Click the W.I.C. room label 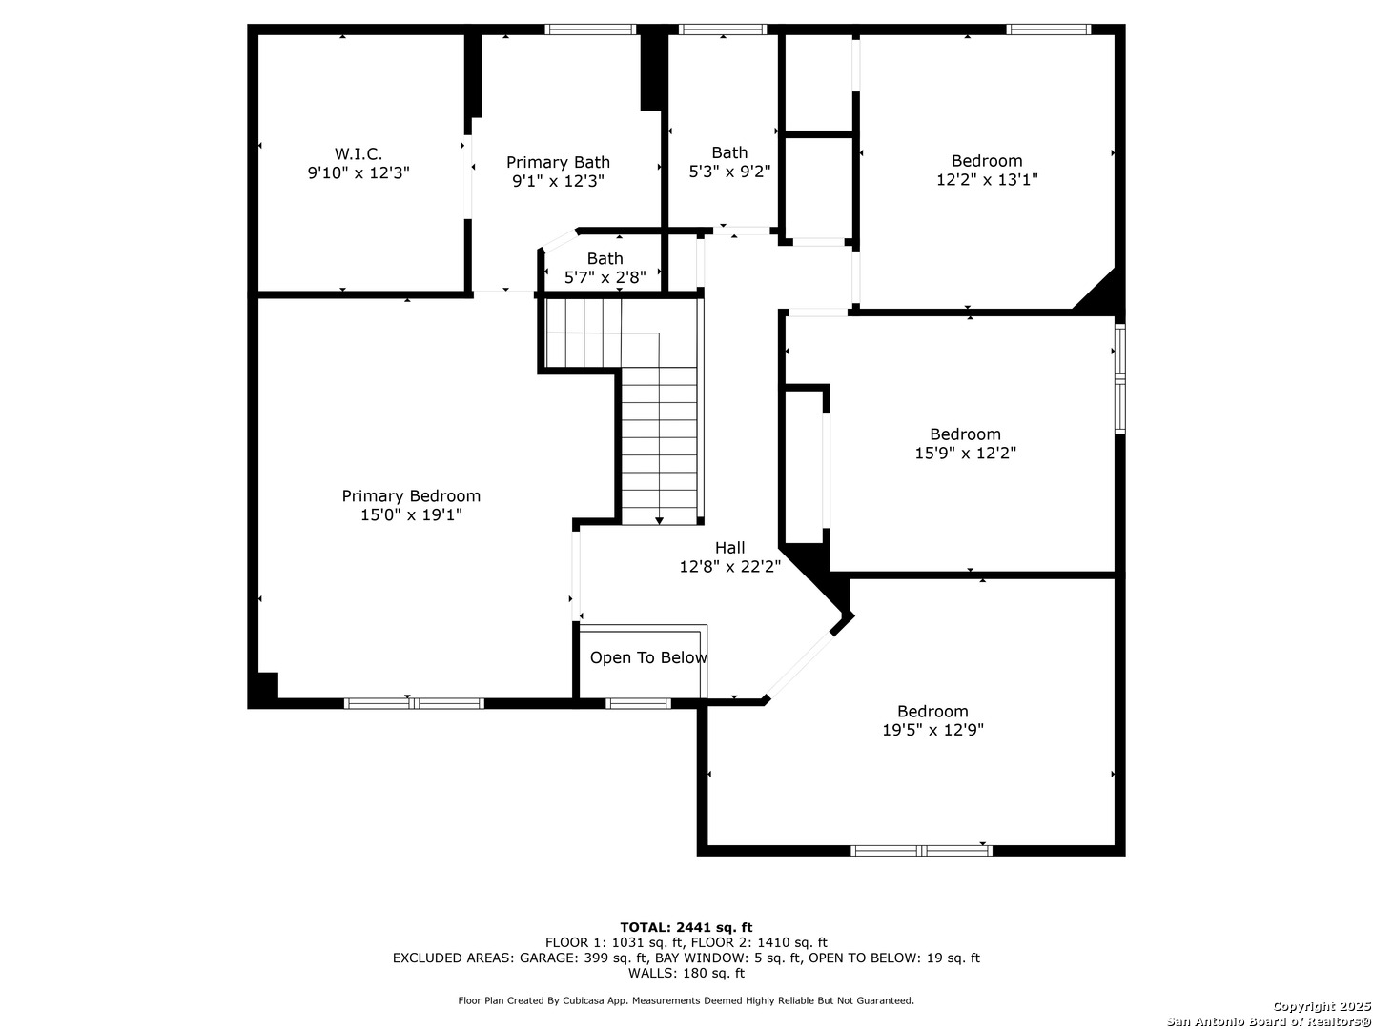[358, 153]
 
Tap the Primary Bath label [558, 162]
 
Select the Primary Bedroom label [411, 496]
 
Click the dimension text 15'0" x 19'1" [411, 514]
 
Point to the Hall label [729, 548]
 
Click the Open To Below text [648, 657]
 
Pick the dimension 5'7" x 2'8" [605, 277]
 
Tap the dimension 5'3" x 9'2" [729, 171]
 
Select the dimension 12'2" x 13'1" [987, 180]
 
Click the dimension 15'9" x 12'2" [965, 453]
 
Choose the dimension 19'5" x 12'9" [932, 730]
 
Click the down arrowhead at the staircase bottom [659, 520]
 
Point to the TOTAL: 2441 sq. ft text [686, 927]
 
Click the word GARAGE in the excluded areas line [548, 958]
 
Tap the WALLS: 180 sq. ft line [686, 973]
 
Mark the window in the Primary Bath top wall [590, 30]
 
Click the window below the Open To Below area [638, 703]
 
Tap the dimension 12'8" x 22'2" [730, 567]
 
